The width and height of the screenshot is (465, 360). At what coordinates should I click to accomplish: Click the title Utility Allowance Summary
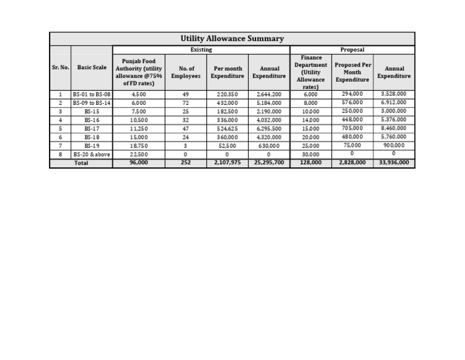coord(232,39)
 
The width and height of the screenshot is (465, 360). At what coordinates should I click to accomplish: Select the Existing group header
coord(201,49)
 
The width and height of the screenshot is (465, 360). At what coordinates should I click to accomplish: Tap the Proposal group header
coord(352,49)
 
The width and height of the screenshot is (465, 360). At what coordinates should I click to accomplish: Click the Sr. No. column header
coord(60,67)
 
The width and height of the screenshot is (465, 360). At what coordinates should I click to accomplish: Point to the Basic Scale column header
coord(91,67)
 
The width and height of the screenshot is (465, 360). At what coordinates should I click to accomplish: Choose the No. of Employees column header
coord(186,72)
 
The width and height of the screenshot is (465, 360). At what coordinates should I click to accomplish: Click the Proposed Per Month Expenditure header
coord(352,72)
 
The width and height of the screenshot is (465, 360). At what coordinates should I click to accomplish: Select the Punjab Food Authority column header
coord(139,72)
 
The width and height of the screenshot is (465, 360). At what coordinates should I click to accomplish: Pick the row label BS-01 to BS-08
coord(91,95)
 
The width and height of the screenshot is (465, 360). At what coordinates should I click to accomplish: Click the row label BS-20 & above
coord(91,155)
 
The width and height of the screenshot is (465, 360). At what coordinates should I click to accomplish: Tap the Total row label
coord(81,163)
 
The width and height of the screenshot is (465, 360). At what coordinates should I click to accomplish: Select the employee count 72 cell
coord(186,103)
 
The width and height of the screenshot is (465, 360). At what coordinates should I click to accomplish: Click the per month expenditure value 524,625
coord(227,129)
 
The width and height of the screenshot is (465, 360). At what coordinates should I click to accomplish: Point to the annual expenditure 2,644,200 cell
coord(269,95)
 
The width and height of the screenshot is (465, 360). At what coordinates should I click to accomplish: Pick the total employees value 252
coord(186,163)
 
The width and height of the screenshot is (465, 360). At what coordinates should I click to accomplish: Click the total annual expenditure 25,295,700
coord(269,163)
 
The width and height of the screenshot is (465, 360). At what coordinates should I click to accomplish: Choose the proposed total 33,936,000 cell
coord(394,163)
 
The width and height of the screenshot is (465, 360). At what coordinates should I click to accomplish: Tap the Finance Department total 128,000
coord(311,163)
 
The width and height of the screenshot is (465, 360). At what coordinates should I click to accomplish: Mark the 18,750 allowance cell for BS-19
coord(139,146)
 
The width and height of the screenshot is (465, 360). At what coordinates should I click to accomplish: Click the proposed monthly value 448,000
coord(352,120)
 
